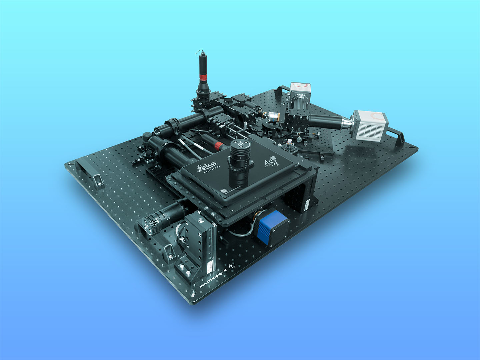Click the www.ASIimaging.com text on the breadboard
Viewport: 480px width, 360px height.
point(213,278)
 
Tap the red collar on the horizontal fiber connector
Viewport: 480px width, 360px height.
point(219,145)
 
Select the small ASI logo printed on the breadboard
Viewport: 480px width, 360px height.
point(232,265)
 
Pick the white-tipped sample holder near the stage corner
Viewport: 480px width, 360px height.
point(289,146)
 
